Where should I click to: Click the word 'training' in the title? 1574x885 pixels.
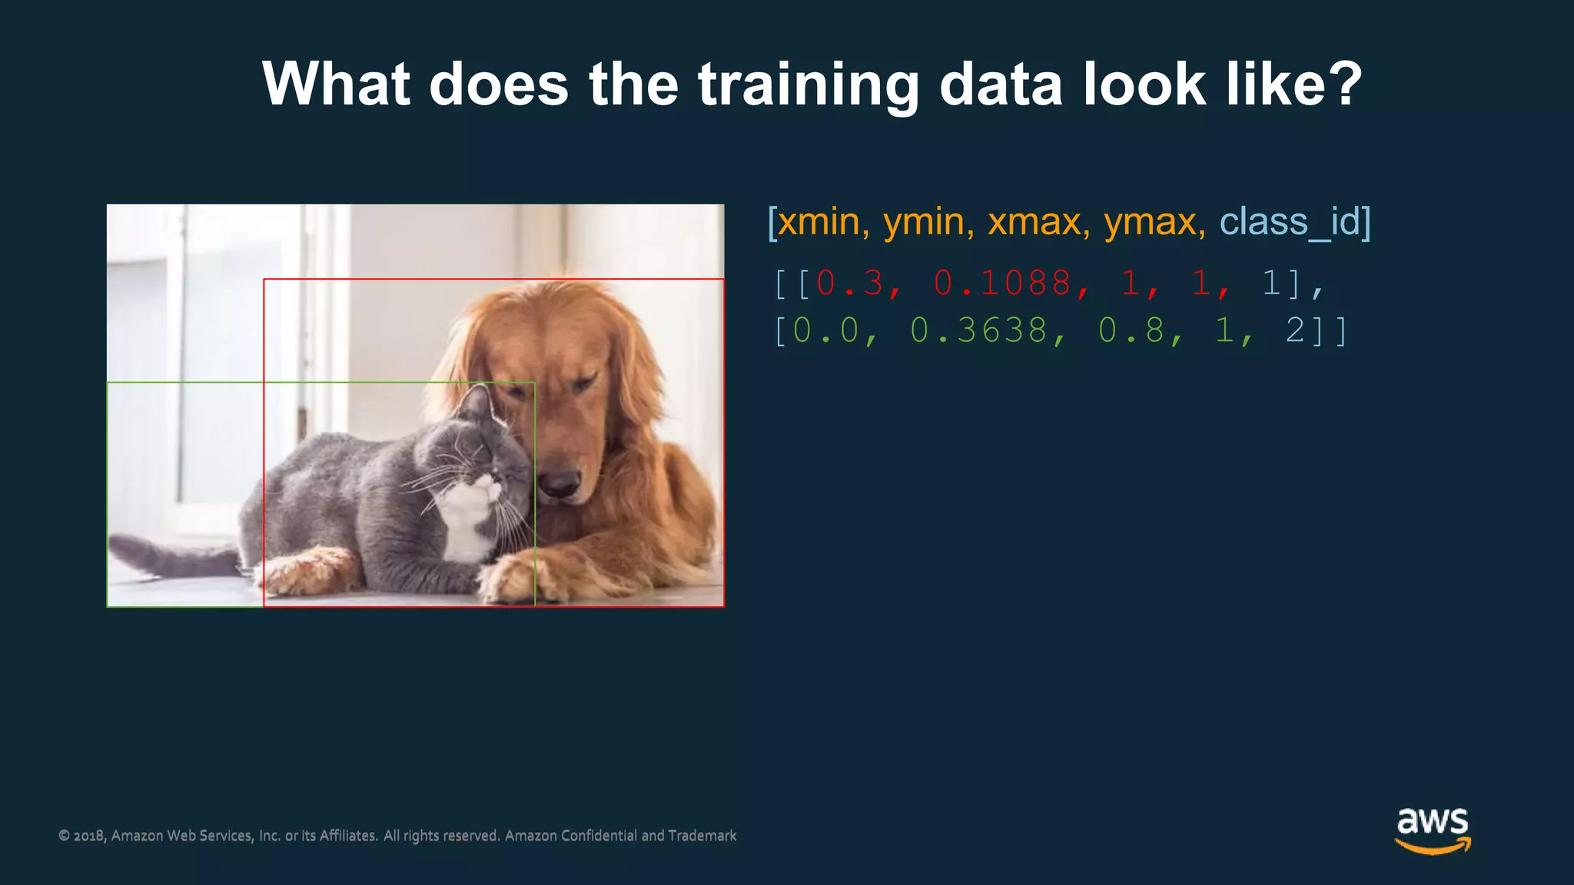tap(808, 85)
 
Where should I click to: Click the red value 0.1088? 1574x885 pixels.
tap(1002, 283)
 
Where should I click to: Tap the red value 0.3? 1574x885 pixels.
tap(850, 283)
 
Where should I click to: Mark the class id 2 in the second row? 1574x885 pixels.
tap(1294, 330)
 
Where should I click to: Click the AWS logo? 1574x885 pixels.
tap(1433, 830)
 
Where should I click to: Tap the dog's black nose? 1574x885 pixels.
tap(558, 484)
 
